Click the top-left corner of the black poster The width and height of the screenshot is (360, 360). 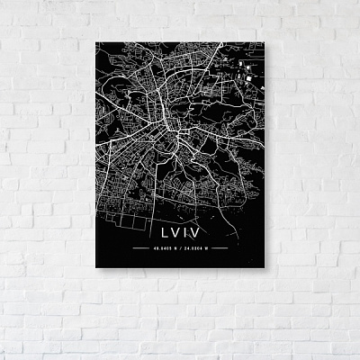point(94,41)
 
